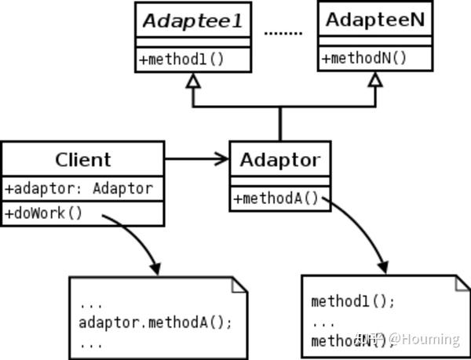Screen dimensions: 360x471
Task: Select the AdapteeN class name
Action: [375, 20]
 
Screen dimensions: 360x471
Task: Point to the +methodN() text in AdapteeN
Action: [364, 57]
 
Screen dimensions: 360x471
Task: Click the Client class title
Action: [82, 160]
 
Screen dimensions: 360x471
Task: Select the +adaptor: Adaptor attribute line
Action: [78, 188]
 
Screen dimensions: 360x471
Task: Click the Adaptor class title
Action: [279, 161]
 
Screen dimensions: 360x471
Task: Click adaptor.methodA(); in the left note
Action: [155, 322]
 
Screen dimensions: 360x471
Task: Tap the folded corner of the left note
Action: [239, 284]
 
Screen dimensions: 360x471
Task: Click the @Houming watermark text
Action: [424, 339]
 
